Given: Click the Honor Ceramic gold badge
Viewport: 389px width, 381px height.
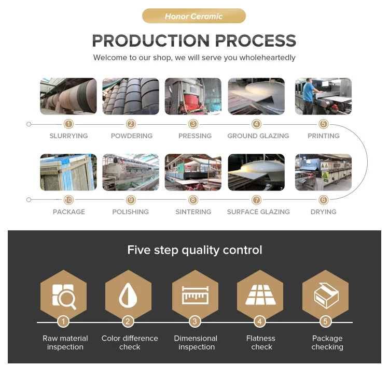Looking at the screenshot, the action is [193, 16].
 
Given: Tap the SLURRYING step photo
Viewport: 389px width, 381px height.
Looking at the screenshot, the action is [68, 96].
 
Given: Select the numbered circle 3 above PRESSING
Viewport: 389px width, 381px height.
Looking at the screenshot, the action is [193, 124].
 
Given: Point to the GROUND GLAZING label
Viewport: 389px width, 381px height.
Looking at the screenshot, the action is [258, 136].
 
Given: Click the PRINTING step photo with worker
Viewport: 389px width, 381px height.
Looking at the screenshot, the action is [323, 96].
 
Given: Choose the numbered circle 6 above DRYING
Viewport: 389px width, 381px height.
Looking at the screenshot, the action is [324, 200].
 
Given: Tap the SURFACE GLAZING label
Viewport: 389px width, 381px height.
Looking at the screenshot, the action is [258, 212].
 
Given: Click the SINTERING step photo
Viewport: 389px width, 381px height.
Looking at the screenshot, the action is [193, 172].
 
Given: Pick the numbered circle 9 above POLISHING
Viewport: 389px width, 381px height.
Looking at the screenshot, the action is [131, 200].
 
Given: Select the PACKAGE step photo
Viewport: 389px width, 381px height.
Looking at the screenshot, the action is [68, 172].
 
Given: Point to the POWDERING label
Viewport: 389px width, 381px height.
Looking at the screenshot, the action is [131, 136].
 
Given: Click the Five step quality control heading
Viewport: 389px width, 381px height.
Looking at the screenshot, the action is [195, 250].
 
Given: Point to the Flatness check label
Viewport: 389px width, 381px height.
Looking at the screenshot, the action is [261, 343].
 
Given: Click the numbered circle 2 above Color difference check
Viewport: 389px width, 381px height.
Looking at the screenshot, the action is [128, 322].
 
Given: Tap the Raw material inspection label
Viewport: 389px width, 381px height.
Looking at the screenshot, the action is [65, 343].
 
